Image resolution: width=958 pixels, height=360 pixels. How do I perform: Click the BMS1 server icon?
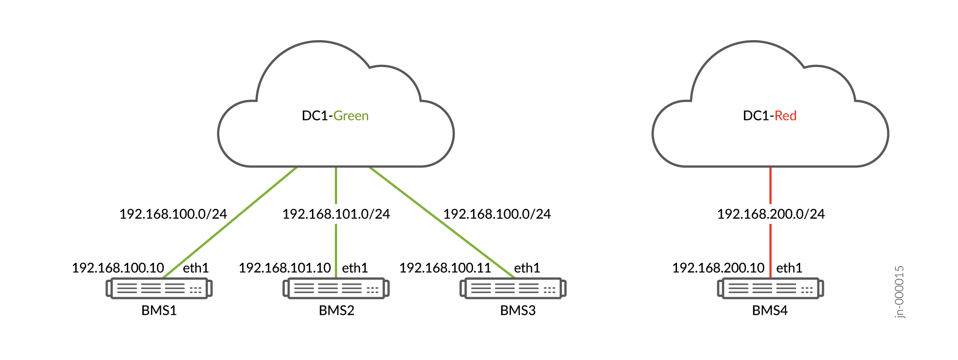pyautogui.click(x=159, y=288)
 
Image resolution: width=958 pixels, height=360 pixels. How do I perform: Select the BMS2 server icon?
pyautogui.click(x=336, y=288)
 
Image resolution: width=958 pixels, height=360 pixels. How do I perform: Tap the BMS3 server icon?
pyautogui.click(x=513, y=288)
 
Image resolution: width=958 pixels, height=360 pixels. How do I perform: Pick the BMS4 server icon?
pyautogui.click(x=770, y=288)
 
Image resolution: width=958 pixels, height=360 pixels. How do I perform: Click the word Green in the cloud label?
pyautogui.click(x=351, y=116)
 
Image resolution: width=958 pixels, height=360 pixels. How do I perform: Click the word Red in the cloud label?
pyautogui.click(x=785, y=116)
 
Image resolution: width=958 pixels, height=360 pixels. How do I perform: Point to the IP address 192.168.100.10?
pyautogui.click(x=118, y=268)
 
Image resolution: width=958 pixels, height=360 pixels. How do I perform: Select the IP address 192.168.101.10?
pyautogui.click(x=285, y=268)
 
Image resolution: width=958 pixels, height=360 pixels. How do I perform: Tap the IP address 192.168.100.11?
pyautogui.click(x=445, y=268)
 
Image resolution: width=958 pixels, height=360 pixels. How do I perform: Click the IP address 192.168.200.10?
pyautogui.click(x=718, y=268)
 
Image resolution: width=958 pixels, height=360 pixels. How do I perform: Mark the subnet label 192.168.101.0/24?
pyautogui.click(x=336, y=214)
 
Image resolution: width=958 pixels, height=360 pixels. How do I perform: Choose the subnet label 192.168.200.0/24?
pyautogui.click(x=771, y=214)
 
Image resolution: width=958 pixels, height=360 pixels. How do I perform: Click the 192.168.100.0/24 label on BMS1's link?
pyautogui.click(x=173, y=214)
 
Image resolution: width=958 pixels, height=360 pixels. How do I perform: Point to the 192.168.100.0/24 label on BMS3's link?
pyautogui.click(x=497, y=214)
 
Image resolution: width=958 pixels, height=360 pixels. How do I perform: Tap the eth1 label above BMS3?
pyautogui.click(x=527, y=268)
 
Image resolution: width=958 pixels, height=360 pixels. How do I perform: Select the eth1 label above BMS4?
pyautogui.click(x=789, y=268)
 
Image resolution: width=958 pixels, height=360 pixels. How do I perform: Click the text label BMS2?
pyautogui.click(x=337, y=311)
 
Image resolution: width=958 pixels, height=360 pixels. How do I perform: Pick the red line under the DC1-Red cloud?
pyautogui.click(x=771, y=185)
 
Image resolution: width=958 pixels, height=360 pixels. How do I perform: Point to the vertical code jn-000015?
pyautogui.click(x=899, y=292)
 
